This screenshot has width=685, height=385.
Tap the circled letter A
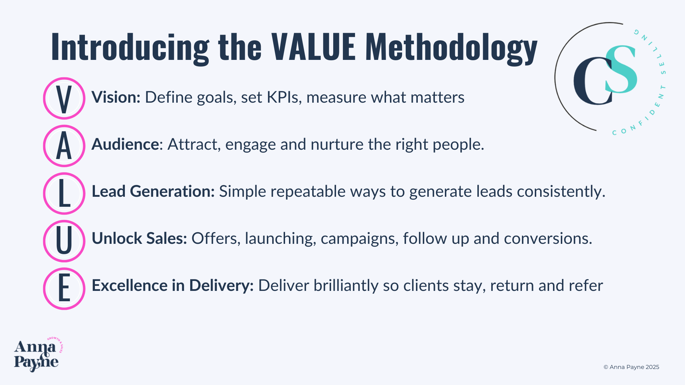click(x=64, y=146)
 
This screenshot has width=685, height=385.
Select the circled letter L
click(x=64, y=193)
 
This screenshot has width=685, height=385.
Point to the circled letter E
click(x=64, y=288)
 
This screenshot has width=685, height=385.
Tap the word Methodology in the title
click(x=451, y=48)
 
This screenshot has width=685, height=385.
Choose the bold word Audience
click(x=125, y=144)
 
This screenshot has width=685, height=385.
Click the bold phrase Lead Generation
click(x=153, y=191)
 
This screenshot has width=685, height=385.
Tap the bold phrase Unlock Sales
click(x=139, y=238)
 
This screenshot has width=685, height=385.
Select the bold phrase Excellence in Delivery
click(x=173, y=286)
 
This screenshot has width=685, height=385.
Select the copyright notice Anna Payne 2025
click(x=631, y=367)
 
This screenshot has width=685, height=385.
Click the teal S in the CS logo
click(x=621, y=69)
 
